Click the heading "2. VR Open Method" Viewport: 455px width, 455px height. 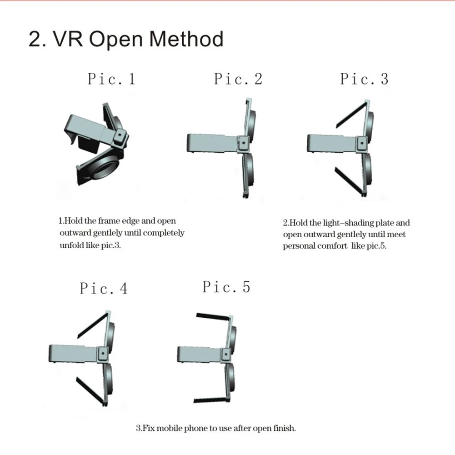coord(126,39)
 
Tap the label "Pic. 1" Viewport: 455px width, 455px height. coord(111,79)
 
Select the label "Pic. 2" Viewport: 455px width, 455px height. coord(238,79)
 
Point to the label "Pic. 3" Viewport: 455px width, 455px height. coord(364,79)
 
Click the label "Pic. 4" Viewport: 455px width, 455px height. coord(104,288)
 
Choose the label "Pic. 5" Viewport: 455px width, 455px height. coord(226,287)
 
